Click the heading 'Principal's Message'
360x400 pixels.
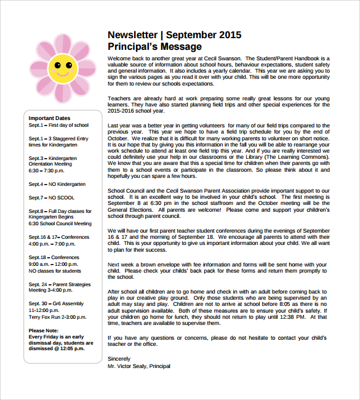click(154, 47)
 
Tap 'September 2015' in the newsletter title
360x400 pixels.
click(204, 35)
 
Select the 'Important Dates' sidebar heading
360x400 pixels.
click(49, 118)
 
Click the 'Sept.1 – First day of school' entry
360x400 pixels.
click(58, 125)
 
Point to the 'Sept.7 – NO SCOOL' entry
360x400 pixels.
click(51, 198)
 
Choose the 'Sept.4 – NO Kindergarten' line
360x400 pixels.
click(57, 184)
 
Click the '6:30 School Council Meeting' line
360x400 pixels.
click(60, 223)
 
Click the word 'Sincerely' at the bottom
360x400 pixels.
click(119, 358)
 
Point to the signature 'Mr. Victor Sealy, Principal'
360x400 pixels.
click(138, 366)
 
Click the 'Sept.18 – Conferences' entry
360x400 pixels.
click(54, 257)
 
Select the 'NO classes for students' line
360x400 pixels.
click(55, 271)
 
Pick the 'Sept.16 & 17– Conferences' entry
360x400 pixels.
click(58, 237)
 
